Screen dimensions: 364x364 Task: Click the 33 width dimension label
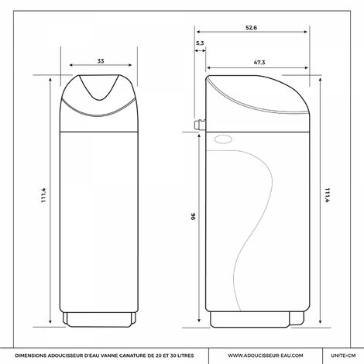[x=101, y=61]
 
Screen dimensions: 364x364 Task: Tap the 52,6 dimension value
[x=251, y=28]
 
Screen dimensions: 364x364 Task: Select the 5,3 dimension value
[x=200, y=43]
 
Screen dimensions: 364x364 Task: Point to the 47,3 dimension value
[x=259, y=63]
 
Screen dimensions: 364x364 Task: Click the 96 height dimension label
[x=194, y=216]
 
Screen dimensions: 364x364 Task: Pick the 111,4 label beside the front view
[x=44, y=195]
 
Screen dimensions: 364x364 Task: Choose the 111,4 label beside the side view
[x=327, y=195]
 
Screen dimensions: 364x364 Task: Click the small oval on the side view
[x=223, y=139]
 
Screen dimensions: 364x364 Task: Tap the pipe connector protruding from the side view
[x=200, y=125]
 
